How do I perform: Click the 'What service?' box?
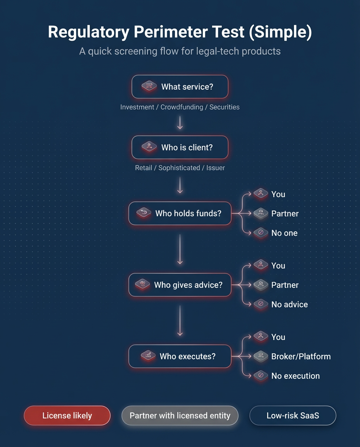pos(180,87)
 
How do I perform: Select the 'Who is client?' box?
pos(180,147)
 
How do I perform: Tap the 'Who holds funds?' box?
pos(180,213)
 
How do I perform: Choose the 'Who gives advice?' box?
pos(180,285)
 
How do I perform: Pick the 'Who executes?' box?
pos(180,356)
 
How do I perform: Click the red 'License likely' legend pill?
pos(67,416)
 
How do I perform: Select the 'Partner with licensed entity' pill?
pos(180,416)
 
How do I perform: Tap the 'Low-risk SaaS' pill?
pos(293,416)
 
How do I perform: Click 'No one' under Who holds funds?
pos(284,233)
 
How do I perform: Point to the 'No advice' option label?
pos(289,305)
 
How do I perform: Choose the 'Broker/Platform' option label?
pos(301,357)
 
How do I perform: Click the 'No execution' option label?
pos(296,376)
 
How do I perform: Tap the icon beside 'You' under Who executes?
pos(261,336)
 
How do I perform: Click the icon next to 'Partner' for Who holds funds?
pos(261,213)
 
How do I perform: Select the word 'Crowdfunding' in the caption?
pos(182,107)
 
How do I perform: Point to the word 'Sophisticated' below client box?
pos(179,168)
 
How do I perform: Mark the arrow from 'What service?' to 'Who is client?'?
pos(180,122)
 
